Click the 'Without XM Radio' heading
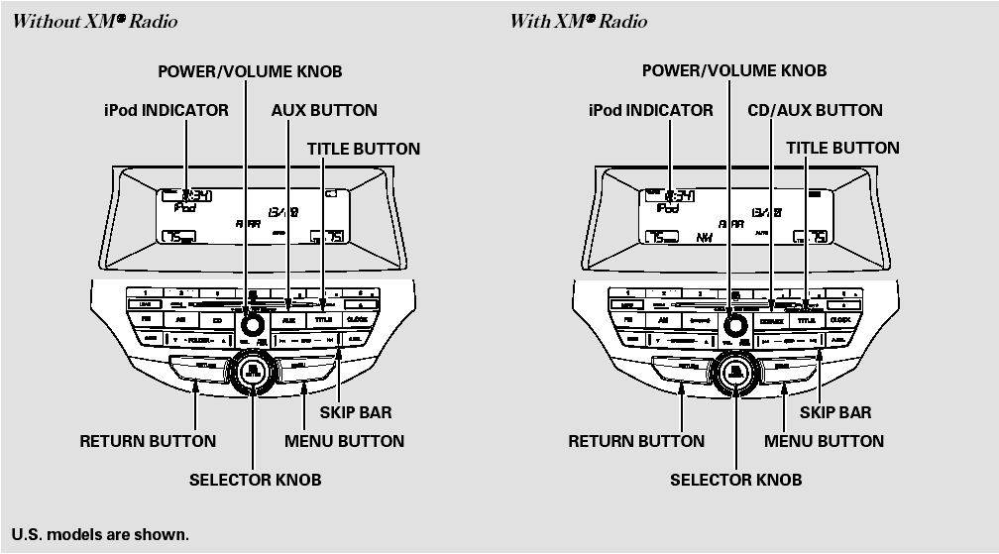click(x=96, y=21)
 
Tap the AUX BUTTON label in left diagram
click(x=324, y=110)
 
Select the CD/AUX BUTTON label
click(x=815, y=110)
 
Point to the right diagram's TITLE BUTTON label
click(x=842, y=148)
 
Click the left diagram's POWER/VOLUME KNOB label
click(x=250, y=71)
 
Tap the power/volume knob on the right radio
click(x=733, y=324)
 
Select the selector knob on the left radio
click(x=254, y=372)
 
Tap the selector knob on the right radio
click(x=733, y=372)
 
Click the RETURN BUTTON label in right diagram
click(x=636, y=441)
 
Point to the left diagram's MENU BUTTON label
click(x=344, y=441)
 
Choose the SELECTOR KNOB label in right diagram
click(x=735, y=480)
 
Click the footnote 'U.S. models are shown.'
click(x=99, y=535)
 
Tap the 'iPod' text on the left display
click(x=184, y=209)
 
